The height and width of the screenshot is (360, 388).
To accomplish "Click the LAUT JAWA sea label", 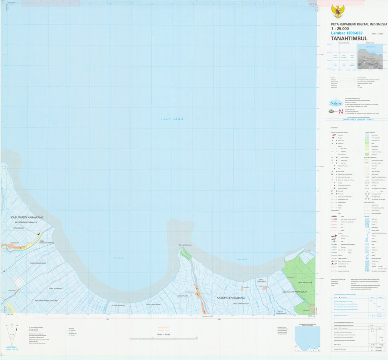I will point(172,119).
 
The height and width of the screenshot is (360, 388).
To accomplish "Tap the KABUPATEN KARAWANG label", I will point(27,217).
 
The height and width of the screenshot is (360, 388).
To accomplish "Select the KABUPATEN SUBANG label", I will point(231,297).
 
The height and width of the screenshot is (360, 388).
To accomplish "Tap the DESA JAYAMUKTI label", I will point(56,289).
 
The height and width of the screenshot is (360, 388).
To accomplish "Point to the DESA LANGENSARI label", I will point(153,305).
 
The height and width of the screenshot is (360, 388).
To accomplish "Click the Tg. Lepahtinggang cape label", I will point(185,245).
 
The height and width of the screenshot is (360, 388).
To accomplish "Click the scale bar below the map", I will point(164,339).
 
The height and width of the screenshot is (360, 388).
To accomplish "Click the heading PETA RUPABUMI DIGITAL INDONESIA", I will point(359,24).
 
